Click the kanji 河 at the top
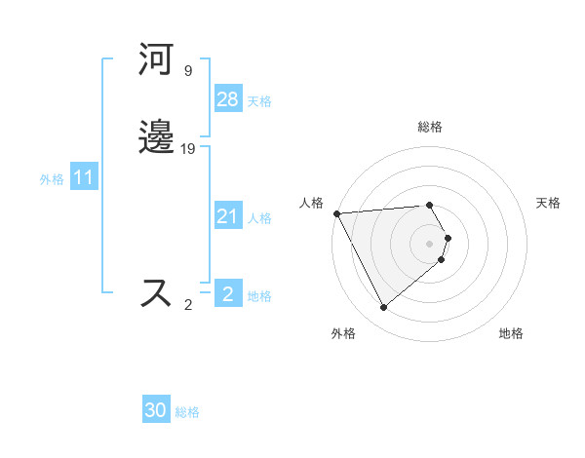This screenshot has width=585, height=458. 157,59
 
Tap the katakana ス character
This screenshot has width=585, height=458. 157,293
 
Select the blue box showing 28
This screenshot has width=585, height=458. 228,99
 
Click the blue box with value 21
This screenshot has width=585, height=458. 228,217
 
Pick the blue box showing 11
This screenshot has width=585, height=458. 84,178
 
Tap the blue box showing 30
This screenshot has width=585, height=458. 156,410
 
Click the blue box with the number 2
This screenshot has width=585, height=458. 228,294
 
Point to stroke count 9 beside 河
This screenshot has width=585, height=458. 188,71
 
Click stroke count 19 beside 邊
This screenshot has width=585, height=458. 188,149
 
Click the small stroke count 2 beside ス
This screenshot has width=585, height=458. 188,305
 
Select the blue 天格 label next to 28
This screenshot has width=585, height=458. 259,101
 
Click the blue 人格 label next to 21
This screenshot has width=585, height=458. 259,218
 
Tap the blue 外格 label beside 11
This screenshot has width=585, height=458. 52,179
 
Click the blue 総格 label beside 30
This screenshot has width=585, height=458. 187,412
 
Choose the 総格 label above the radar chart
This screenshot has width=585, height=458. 430,127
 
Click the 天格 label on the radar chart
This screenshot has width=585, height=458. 548,203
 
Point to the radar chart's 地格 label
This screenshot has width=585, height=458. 511,334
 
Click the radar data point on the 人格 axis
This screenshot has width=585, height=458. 336,213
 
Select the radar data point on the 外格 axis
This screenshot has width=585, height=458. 384,308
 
